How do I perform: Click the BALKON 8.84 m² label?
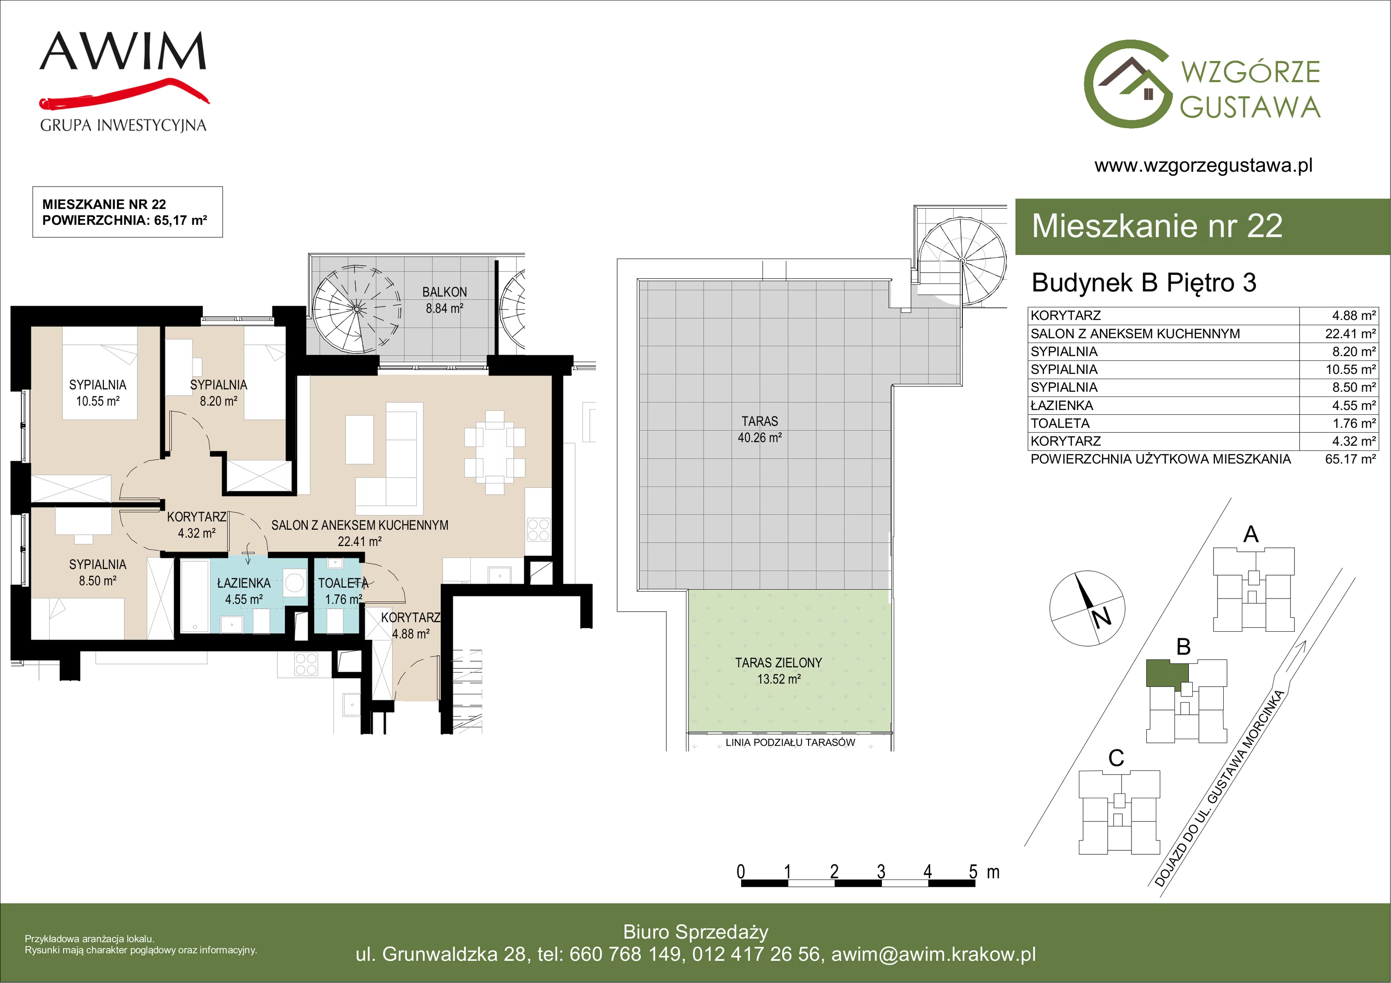point(444,300)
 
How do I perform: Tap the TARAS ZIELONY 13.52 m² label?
point(779,671)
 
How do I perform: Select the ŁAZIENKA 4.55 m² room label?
point(243,591)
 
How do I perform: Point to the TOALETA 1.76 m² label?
point(343,591)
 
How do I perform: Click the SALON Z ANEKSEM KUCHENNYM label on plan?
point(360,526)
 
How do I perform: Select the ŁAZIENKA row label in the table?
point(1062,406)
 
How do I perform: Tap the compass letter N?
point(1101,617)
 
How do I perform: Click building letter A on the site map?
point(1251,534)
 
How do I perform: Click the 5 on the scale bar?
point(973,872)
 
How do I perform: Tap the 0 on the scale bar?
point(740,872)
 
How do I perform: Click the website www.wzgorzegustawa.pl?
point(1203,166)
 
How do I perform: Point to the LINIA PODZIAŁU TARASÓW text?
point(790,743)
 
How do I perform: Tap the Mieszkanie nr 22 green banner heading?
point(1157,226)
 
